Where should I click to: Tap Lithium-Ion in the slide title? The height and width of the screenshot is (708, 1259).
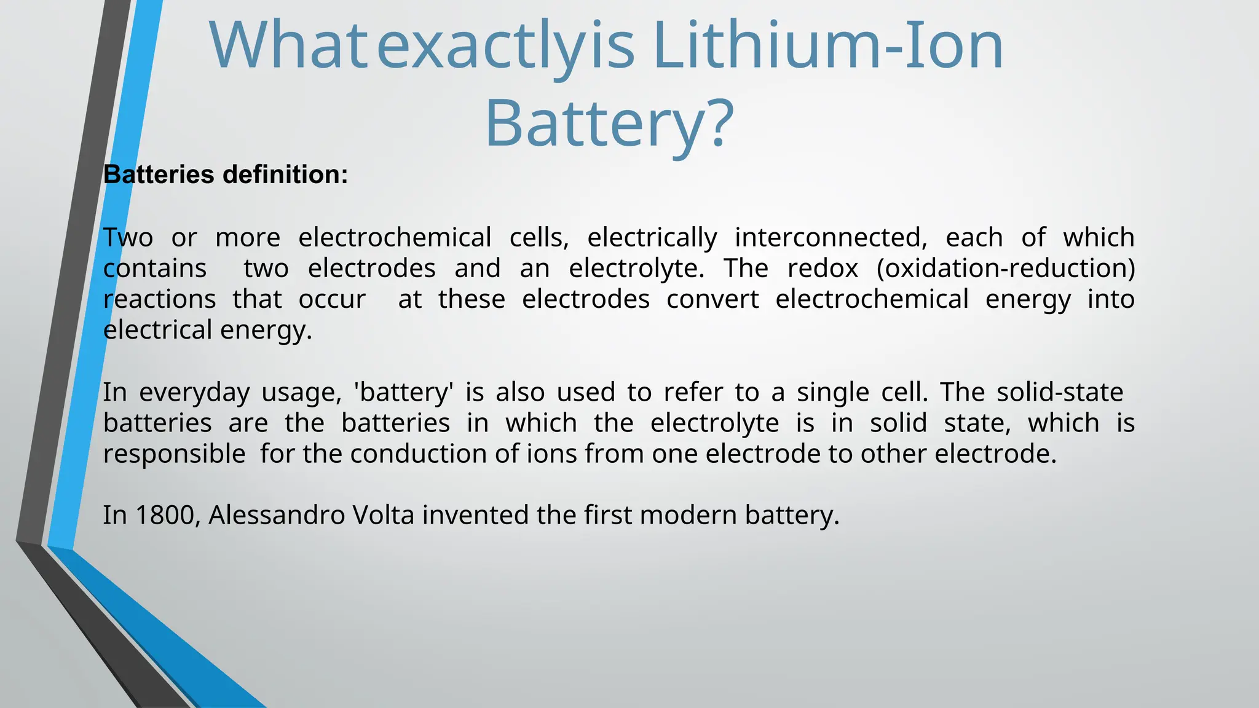coord(829,45)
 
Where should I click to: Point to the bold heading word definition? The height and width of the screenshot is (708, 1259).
coord(285,175)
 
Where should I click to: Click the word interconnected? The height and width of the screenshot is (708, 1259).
coord(831,238)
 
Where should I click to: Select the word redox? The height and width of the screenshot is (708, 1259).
coord(823,269)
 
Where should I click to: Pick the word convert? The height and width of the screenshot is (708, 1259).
coord(712,299)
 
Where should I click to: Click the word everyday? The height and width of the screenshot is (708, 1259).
coord(194,392)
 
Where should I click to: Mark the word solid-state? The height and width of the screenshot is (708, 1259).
coord(1060,392)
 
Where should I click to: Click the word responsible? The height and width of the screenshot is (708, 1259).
coord(175,454)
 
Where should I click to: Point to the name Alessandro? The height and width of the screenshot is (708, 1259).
coord(277,515)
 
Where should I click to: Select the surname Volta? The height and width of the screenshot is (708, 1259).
coord(384,515)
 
